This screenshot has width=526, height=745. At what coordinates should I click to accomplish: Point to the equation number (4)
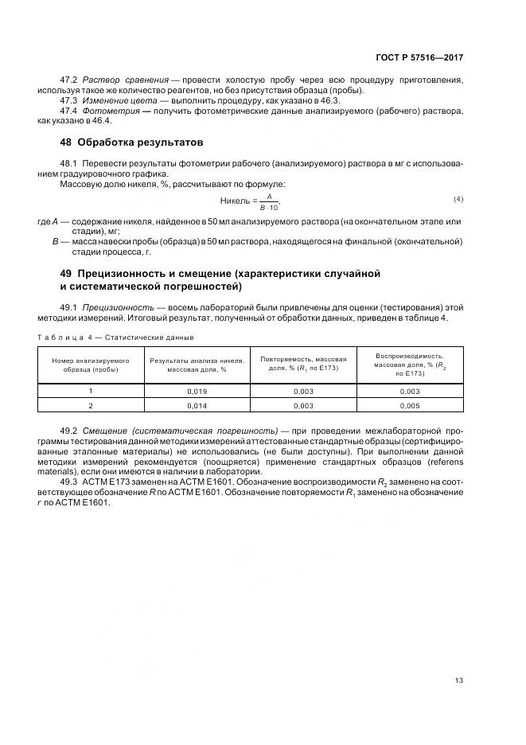click(458, 198)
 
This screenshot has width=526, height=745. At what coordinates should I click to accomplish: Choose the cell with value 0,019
click(197, 392)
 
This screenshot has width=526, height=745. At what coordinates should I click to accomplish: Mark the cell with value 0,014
click(197, 406)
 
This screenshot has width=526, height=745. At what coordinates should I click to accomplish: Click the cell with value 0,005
click(410, 406)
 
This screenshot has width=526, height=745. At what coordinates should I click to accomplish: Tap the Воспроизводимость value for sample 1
click(410, 392)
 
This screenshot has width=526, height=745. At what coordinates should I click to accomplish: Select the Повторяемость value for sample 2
click(303, 406)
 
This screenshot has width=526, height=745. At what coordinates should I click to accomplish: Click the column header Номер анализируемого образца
click(91, 365)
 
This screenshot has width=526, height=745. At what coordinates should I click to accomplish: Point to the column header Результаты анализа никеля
click(197, 365)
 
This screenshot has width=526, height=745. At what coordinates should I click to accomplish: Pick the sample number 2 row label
click(91, 406)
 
